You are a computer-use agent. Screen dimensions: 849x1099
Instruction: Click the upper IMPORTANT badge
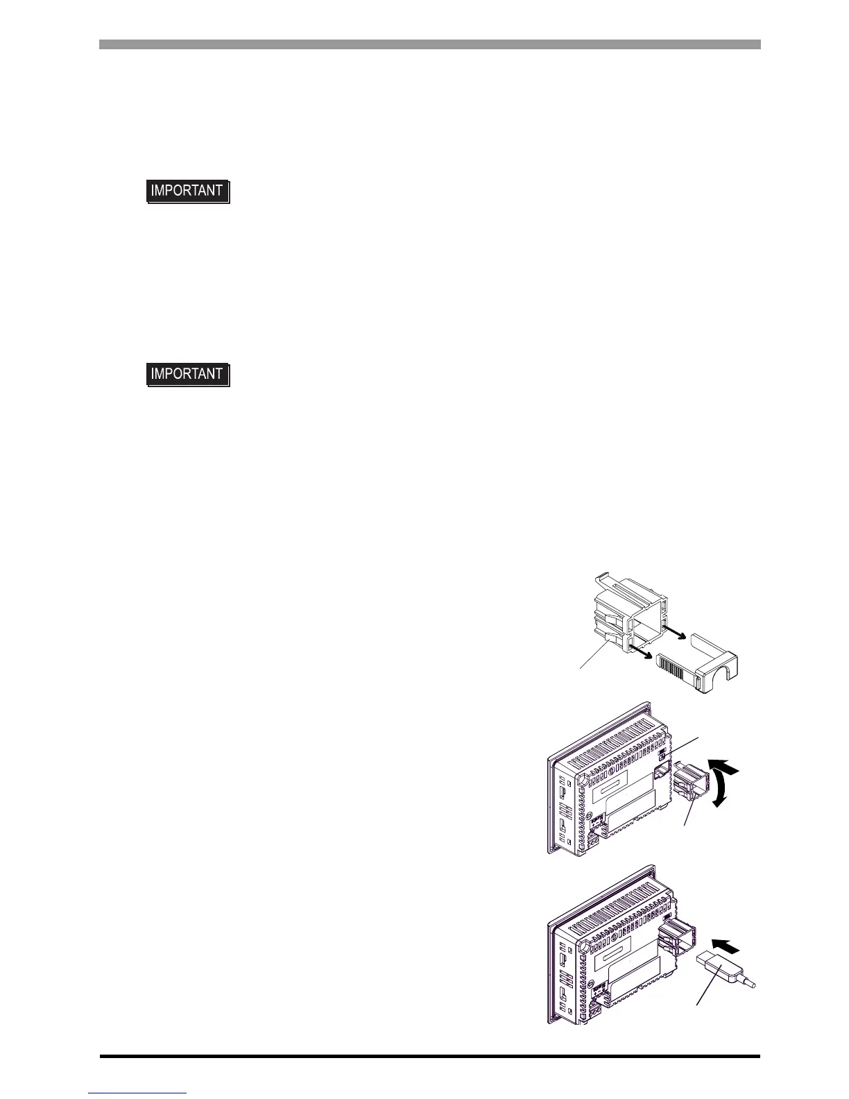coord(187,191)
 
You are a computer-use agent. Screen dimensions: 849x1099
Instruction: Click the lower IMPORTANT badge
coord(187,375)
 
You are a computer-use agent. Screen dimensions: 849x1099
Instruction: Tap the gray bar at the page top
coord(429,44)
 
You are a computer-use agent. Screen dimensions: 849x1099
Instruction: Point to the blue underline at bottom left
coord(138,1094)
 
